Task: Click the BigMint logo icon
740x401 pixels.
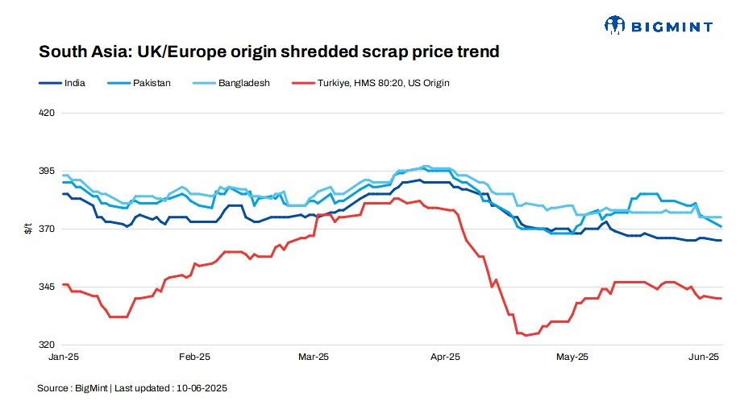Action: [x=615, y=27]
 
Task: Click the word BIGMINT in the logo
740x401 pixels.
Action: [x=672, y=27]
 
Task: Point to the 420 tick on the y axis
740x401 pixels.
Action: [x=46, y=113]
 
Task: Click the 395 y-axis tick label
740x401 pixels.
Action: [x=46, y=172]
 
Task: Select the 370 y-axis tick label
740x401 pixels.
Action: [x=46, y=229]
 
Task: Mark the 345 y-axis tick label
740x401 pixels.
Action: [x=46, y=287]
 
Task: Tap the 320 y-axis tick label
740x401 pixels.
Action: [x=46, y=345]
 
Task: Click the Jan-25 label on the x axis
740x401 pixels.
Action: [x=64, y=356]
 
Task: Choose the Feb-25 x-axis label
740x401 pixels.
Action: [x=194, y=356]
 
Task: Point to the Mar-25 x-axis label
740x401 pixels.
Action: [x=314, y=356]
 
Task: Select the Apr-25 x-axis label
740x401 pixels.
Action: [x=445, y=356]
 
